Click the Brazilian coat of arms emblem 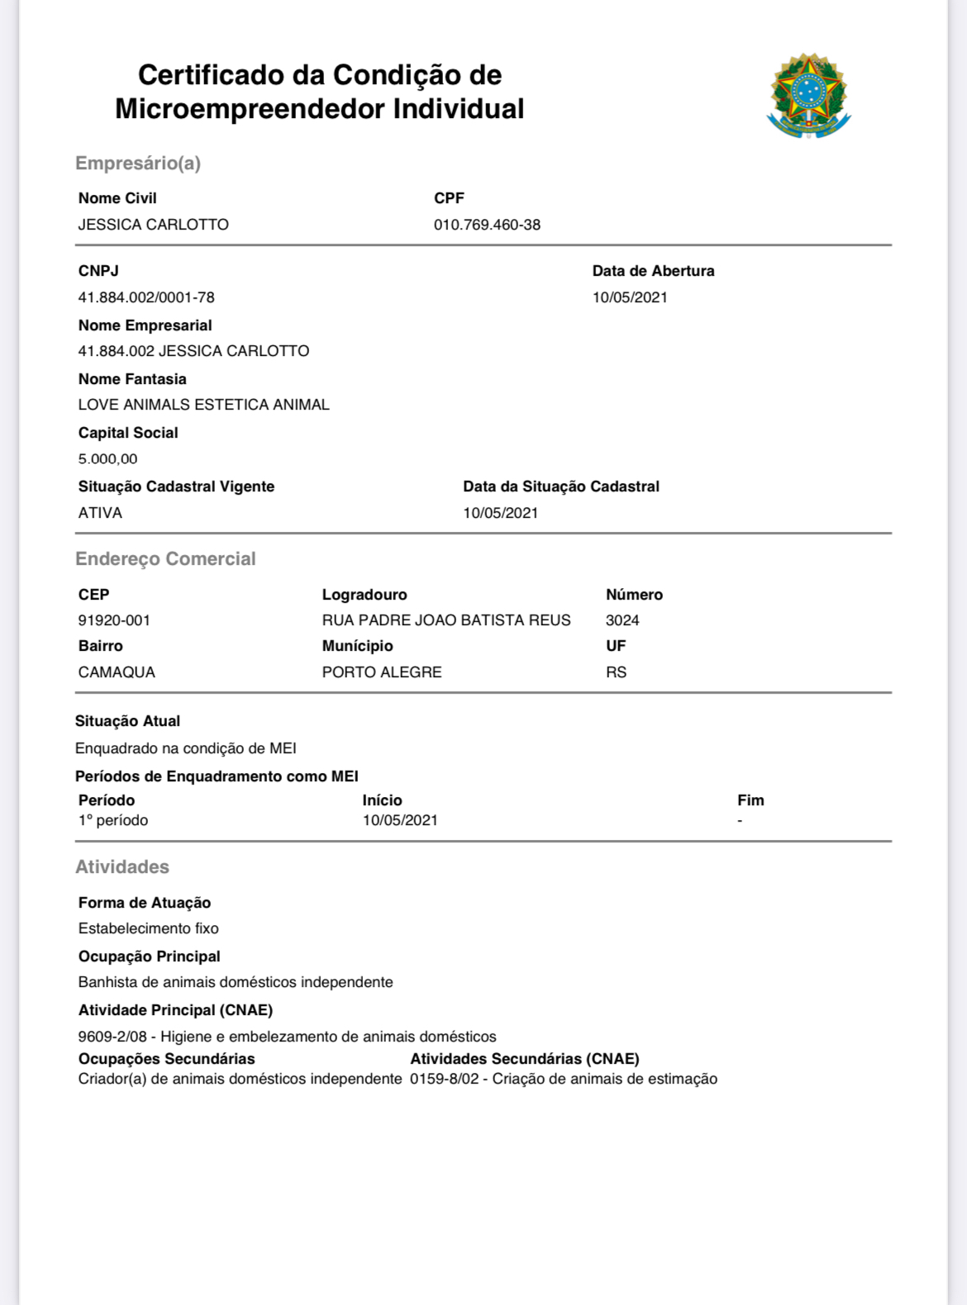808,96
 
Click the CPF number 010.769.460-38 487,225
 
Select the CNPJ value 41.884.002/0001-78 146,297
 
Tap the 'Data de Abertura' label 653,271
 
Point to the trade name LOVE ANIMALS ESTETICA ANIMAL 203,405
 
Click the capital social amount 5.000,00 107,459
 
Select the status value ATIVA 100,513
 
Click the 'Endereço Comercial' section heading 165,559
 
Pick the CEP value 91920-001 114,620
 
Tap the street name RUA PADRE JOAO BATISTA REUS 446,620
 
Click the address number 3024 622,620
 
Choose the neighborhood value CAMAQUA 117,672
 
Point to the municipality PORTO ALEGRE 382,672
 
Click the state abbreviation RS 616,672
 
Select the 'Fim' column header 750,800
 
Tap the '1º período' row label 113,820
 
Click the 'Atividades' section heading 122,867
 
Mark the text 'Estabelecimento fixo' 149,928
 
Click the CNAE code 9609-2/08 112,1037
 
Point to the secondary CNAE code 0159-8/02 444,1079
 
